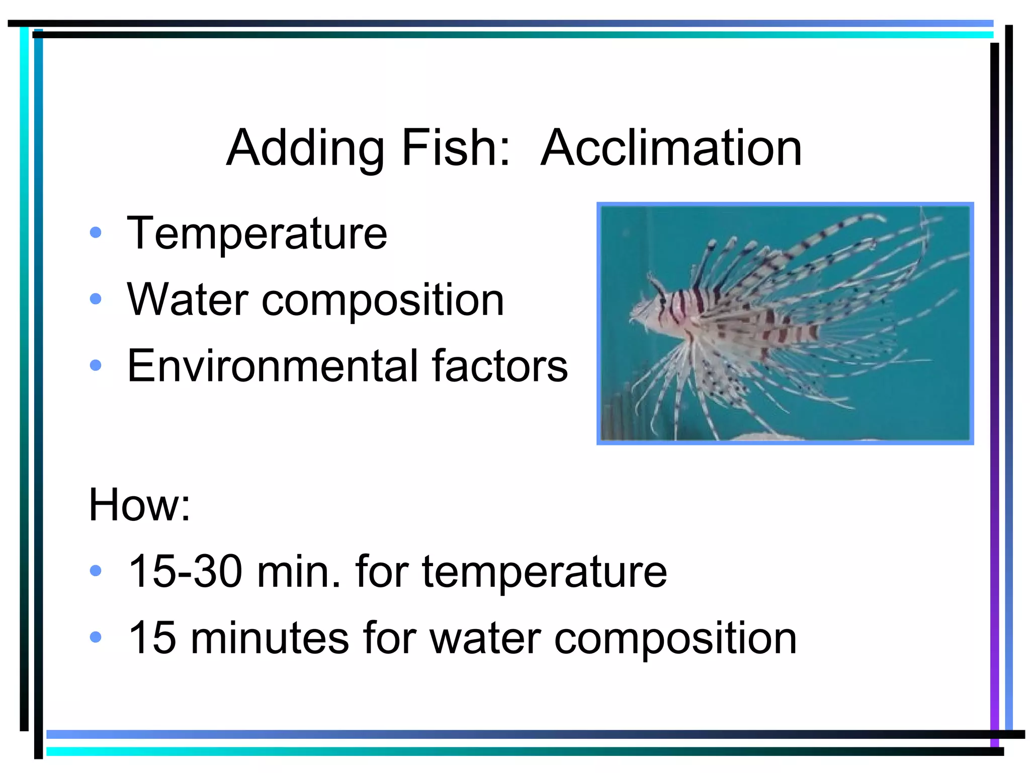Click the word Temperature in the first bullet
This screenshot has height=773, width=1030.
(x=257, y=234)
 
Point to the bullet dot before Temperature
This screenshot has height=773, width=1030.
(x=96, y=233)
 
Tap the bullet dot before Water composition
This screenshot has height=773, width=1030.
(x=96, y=299)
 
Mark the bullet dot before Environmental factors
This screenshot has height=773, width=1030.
(x=96, y=365)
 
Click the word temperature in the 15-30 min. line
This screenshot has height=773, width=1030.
(x=544, y=573)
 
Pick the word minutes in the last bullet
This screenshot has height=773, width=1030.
(x=270, y=638)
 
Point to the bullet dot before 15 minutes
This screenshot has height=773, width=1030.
(x=96, y=638)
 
